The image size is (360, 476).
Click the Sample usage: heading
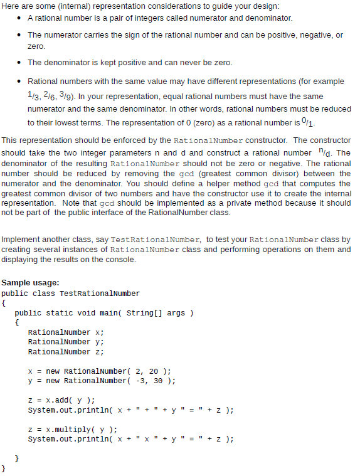click(31, 283)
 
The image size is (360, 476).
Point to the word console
click(119, 259)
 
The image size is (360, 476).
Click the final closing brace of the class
click(4, 468)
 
